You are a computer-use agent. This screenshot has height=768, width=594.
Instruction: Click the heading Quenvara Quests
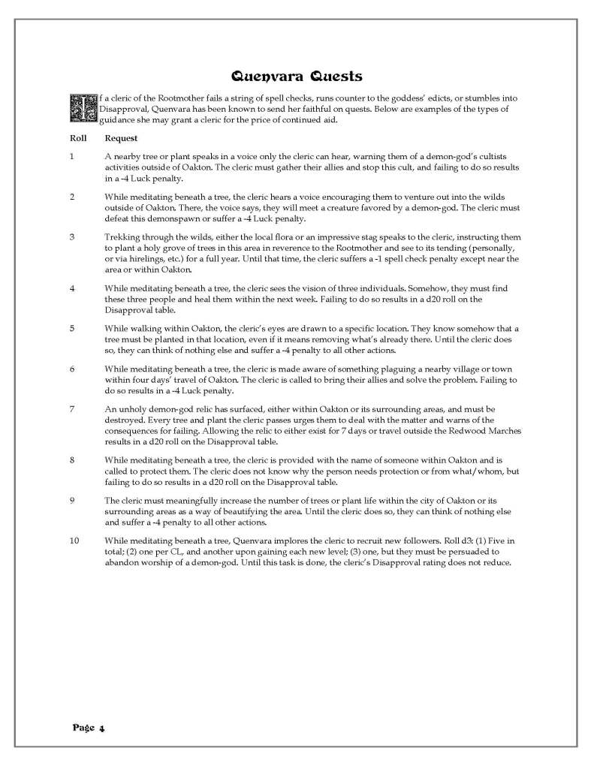(x=296, y=76)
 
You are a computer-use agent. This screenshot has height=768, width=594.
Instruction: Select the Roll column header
(x=78, y=139)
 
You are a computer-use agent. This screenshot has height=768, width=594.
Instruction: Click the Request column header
(x=120, y=139)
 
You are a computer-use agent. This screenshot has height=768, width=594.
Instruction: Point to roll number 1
(x=71, y=155)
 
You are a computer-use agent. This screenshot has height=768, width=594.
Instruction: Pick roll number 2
(x=71, y=196)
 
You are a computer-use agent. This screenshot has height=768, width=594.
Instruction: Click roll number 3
(x=71, y=237)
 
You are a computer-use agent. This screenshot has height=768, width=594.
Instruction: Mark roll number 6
(x=71, y=369)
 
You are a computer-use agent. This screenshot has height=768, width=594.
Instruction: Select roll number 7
(x=71, y=409)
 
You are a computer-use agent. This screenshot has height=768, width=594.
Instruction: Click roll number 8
(x=71, y=459)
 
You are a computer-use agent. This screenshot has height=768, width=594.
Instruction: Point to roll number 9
(x=71, y=500)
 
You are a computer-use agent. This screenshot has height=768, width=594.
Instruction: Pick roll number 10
(x=74, y=541)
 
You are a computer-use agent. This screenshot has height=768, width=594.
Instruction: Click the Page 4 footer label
(x=89, y=727)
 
